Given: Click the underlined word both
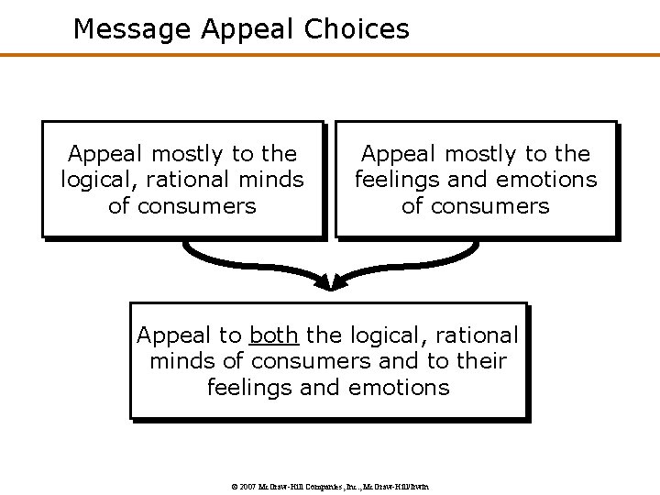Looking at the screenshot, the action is [x=273, y=335].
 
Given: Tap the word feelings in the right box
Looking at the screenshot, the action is [x=396, y=180].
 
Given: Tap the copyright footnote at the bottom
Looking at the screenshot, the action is [x=329, y=486].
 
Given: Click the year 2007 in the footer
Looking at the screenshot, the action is [x=247, y=486].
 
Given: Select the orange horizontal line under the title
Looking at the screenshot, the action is [x=330, y=55].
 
